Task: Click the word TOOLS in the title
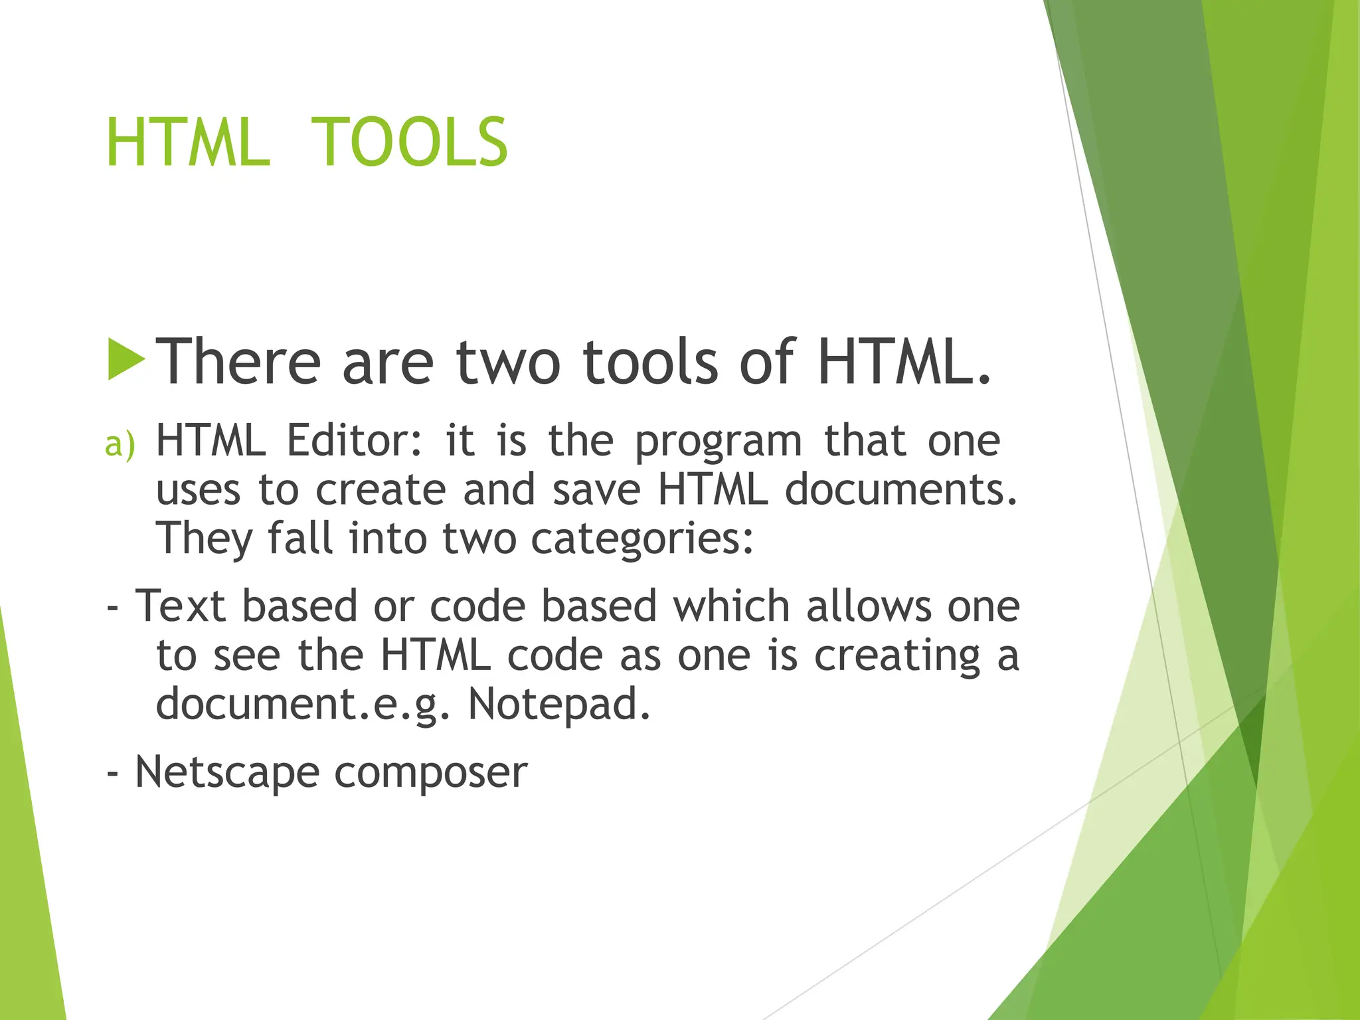coord(408,142)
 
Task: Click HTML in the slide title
coord(188,142)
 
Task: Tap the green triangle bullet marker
coord(126,359)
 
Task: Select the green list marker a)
coord(120,444)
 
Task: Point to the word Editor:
coord(354,440)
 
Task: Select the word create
coord(380,490)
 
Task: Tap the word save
coord(596,490)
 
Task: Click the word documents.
coord(901,490)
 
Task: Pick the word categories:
coord(642,539)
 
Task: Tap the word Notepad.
coord(558,704)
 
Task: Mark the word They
coord(204,539)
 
